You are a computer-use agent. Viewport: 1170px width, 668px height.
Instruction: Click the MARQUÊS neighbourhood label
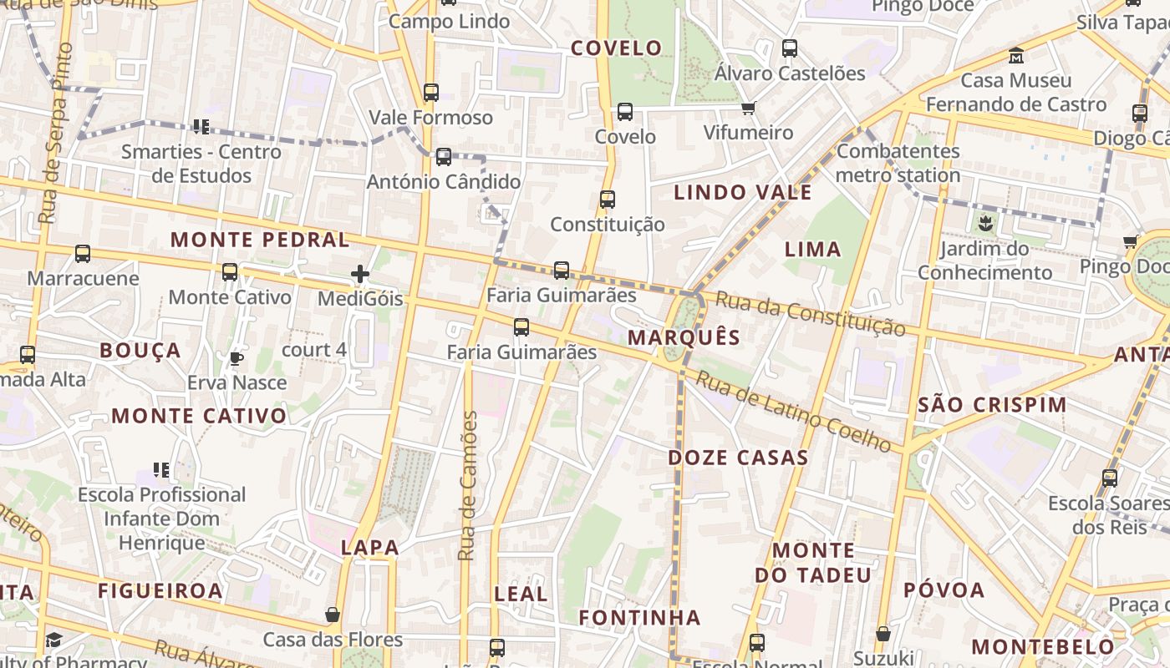[684, 337]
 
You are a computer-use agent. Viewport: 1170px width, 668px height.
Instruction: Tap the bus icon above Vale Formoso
[431, 92]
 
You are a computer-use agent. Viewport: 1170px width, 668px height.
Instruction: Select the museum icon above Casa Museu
[1016, 56]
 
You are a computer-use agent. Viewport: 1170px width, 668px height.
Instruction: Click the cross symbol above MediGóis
[360, 273]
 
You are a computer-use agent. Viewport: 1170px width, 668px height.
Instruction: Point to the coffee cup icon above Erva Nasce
[237, 358]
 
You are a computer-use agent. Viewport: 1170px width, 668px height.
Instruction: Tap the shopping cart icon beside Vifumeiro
[748, 108]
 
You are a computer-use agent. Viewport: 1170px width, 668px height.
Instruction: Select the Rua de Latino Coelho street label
[793, 412]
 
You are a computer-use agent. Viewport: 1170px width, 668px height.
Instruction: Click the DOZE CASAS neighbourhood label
[738, 458]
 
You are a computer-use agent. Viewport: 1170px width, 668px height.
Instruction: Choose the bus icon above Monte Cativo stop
[230, 271]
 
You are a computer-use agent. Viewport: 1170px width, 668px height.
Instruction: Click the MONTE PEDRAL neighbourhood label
[260, 240]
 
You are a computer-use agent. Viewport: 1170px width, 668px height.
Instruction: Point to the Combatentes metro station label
[898, 164]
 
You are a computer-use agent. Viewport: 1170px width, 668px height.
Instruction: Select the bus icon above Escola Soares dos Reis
[1110, 478]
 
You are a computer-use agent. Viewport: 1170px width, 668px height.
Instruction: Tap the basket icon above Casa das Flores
[333, 615]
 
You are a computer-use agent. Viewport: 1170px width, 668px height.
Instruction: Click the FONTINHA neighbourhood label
[640, 618]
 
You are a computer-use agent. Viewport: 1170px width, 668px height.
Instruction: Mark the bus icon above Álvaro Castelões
[790, 48]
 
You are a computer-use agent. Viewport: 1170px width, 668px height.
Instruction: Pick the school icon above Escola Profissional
[161, 470]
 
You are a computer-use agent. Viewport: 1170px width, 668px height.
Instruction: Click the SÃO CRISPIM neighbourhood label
[992, 406]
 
